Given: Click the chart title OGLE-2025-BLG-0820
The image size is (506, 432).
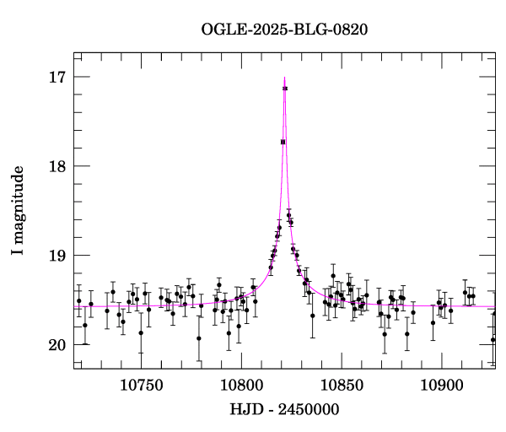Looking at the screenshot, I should tap(284, 29).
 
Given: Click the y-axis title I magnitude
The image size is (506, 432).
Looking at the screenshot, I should tap(18, 211).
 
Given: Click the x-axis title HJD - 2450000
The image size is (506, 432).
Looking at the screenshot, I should tap(284, 410).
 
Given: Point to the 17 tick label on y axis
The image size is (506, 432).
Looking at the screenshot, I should tap(57, 77).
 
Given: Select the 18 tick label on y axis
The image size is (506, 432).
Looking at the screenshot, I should tap(57, 166).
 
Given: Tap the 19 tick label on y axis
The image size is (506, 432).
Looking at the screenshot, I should tap(57, 256).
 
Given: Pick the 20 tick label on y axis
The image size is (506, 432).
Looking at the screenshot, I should tap(57, 345).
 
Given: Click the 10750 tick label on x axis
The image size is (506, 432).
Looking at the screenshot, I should tap(138, 385).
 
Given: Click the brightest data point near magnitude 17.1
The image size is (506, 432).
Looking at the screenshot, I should tap(285, 89).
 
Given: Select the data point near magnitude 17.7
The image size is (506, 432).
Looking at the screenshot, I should tap(283, 142).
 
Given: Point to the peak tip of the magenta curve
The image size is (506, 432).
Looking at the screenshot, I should tap(285, 77).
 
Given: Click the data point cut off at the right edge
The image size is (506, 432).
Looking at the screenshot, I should tap(493, 340).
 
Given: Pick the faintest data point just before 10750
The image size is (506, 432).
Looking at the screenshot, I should tap(141, 332).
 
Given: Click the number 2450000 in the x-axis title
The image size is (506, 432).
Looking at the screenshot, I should tap(309, 410).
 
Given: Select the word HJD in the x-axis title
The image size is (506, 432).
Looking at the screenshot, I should tap(245, 410).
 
